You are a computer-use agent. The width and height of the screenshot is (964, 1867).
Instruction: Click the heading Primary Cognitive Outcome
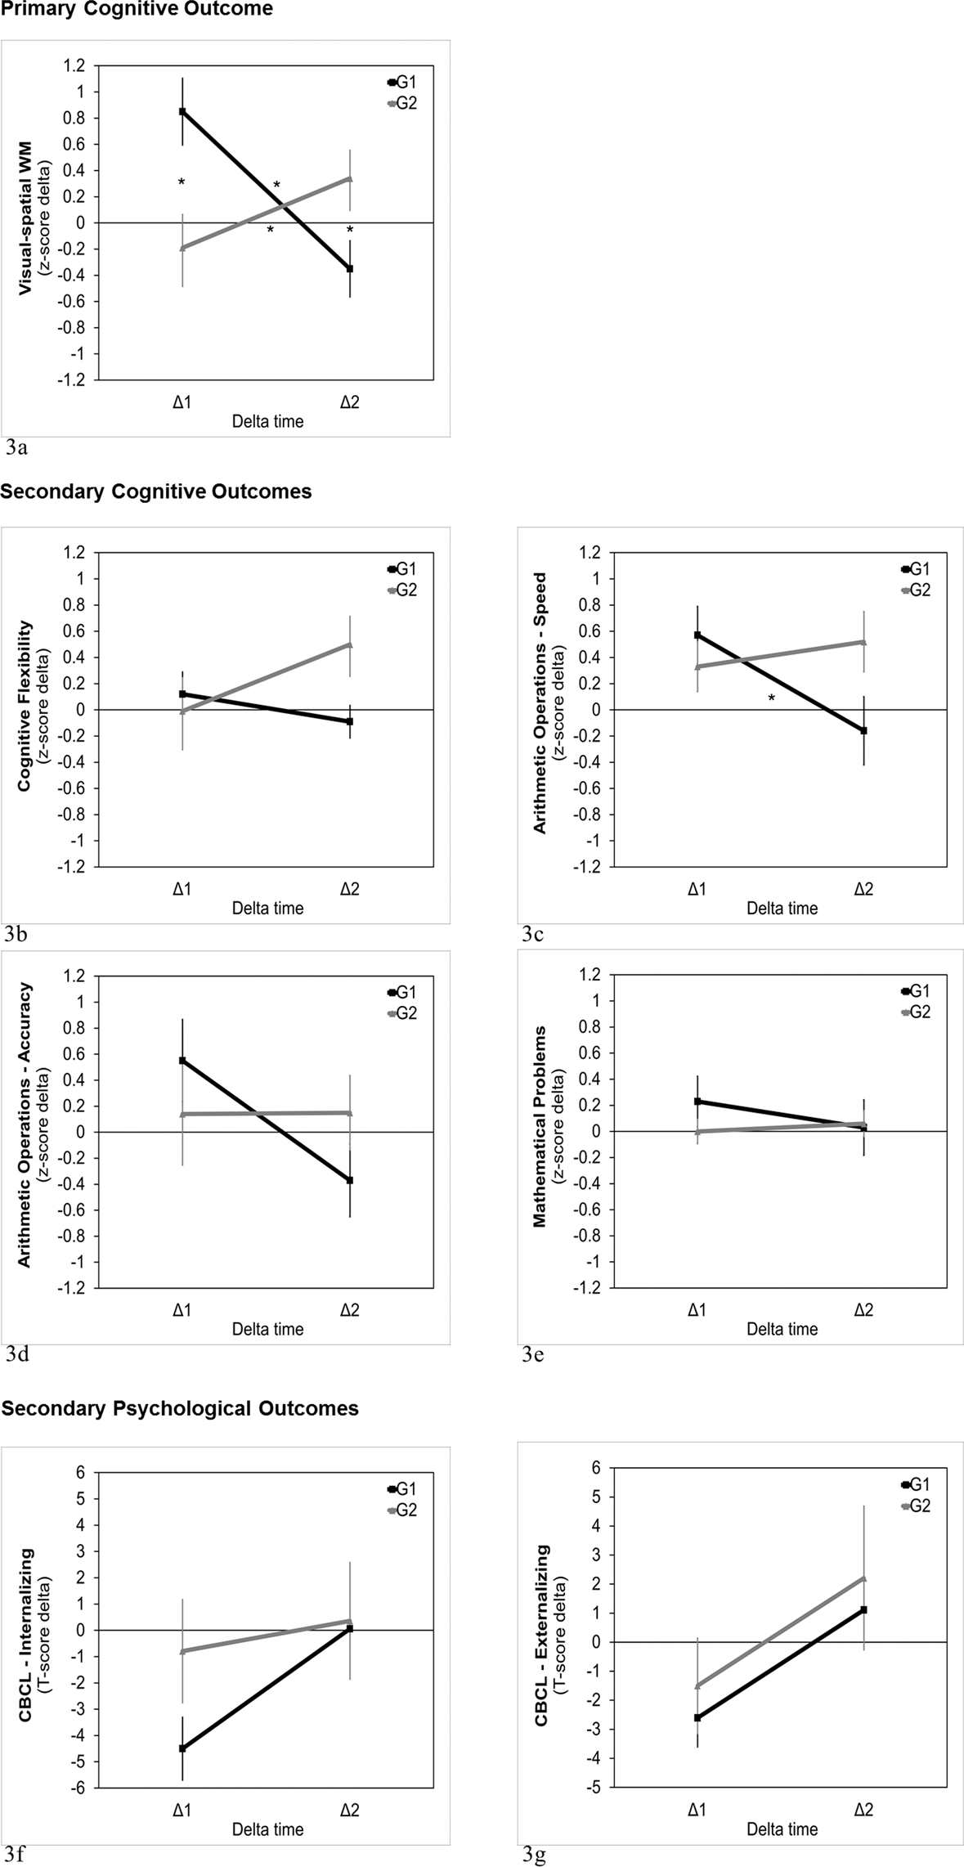(137, 10)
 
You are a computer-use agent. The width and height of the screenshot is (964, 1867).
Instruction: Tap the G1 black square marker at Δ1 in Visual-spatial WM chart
(182, 111)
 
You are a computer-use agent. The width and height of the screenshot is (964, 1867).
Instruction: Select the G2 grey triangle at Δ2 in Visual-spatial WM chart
(350, 178)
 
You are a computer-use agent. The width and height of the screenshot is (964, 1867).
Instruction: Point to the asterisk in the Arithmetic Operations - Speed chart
(771, 698)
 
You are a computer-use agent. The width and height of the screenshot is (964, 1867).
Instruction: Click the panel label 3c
(533, 934)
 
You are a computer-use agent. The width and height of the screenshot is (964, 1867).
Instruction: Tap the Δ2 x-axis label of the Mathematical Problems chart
(863, 1310)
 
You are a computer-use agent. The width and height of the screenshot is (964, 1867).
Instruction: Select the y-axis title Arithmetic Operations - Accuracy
(25, 1125)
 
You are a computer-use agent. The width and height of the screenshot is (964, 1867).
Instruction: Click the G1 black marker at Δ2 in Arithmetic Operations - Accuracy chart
(350, 1180)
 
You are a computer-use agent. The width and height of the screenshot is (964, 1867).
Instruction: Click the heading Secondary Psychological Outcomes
(180, 1408)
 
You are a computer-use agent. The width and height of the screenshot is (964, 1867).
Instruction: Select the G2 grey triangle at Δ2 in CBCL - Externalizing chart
(864, 1578)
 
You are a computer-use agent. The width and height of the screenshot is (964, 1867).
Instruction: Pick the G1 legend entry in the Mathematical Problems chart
(915, 991)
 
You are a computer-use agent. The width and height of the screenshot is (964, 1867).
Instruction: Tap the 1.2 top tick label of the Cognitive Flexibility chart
(74, 553)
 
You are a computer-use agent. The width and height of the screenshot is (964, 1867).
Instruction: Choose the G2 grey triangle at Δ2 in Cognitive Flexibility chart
(350, 644)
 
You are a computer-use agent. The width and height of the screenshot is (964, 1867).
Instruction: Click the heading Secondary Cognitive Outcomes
(156, 491)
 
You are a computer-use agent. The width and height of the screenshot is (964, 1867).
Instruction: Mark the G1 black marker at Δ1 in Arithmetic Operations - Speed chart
(697, 635)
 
